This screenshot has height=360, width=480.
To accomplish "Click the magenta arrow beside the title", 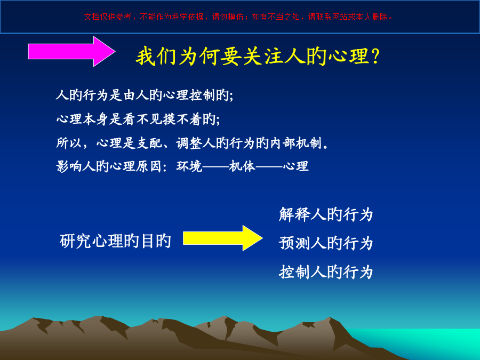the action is click(x=71, y=51).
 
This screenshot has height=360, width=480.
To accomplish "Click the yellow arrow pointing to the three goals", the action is click(x=222, y=238).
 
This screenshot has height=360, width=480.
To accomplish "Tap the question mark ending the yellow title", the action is click(x=375, y=57).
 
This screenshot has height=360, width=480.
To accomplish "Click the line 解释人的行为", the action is click(x=326, y=214).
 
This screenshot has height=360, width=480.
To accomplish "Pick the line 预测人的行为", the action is click(x=326, y=243).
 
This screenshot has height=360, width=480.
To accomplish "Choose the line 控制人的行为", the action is click(x=326, y=272).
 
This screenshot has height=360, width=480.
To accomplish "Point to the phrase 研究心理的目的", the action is click(x=115, y=241).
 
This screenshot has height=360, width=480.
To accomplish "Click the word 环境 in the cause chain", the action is click(x=189, y=166).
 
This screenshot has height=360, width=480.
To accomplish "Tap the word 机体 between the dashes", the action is click(x=242, y=166).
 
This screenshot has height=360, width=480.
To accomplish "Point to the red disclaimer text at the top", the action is click(x=238, y=17).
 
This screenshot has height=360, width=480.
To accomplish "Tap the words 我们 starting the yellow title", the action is click(x=156, y=57).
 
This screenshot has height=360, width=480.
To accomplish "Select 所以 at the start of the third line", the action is click(x=69, y=143).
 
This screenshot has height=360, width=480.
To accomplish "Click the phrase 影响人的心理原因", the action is click(x=109, y=166).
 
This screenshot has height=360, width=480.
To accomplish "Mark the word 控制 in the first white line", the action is click(x=202, y=95).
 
